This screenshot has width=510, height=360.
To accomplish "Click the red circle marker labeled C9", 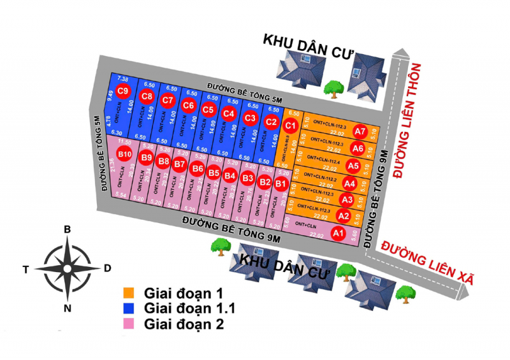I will pyautogui.click(x=124, y=90).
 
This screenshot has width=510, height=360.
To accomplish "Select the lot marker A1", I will pyautogui.click(x=338, y=234).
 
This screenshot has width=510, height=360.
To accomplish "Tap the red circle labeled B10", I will pyautogui.click(x=124, y=154).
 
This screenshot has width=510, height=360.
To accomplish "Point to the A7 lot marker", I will pyautogui.click(x=360, y=133).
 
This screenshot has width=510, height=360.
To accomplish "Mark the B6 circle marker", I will pyautogui.click(x=198, y=169).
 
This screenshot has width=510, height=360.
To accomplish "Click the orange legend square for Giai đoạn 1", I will pyautogui.click(x=129, y=294).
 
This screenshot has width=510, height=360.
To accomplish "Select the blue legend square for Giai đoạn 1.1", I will pyautogui.click(x=129, y=308).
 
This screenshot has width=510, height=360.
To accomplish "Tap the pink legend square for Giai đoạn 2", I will pyautogui.click(x=129, y=324).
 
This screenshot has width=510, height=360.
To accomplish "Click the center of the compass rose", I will pyautogui.click(x=66, y=269).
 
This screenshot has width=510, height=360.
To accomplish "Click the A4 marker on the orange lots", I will pyautogui.click(x=349, y=184).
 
